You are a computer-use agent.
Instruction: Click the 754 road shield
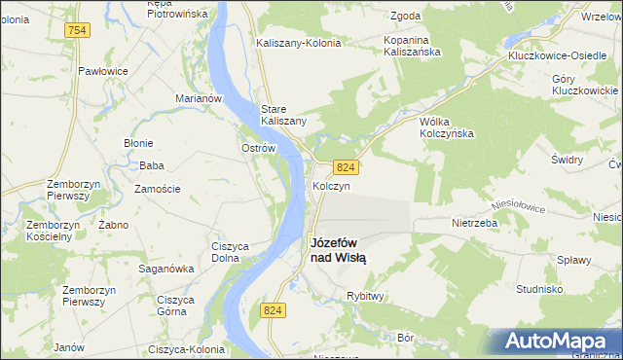coord(78,31)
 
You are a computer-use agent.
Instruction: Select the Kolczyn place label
coord(331,185)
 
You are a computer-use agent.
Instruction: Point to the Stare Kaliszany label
coord(283,114)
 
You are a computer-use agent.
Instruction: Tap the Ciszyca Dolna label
coord(234,252)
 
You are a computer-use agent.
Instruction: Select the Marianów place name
coord(200,98)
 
